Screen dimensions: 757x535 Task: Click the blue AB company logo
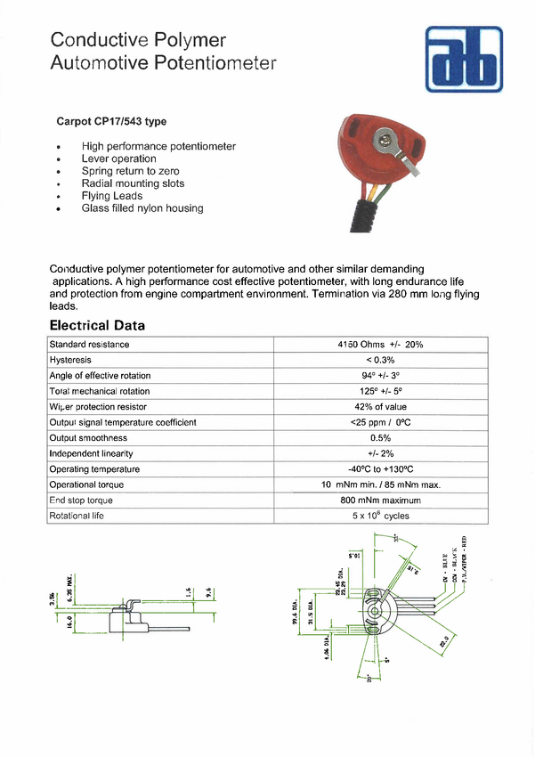[463, 60]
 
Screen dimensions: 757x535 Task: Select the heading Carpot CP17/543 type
[111, 121]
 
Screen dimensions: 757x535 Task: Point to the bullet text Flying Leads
[112, 196]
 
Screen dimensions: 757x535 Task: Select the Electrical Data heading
[97, 325]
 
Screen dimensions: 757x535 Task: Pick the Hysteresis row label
[72, 360]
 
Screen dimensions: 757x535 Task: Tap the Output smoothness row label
[88, 438]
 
